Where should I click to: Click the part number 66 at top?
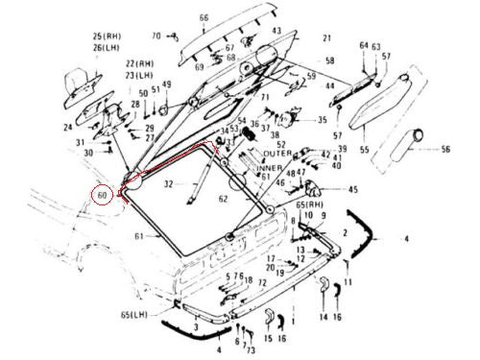click(204, 18)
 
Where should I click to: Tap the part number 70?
click(157, 36)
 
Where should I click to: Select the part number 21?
click(326, 38)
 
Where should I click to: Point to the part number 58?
click(330, 60)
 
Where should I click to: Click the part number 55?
click(364, 151)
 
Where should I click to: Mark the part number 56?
click(445, 149)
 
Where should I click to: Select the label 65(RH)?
click(309, 205)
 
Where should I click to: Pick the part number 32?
click(168, 181)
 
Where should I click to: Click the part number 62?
click(224, 200)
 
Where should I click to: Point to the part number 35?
click(322, 120)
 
